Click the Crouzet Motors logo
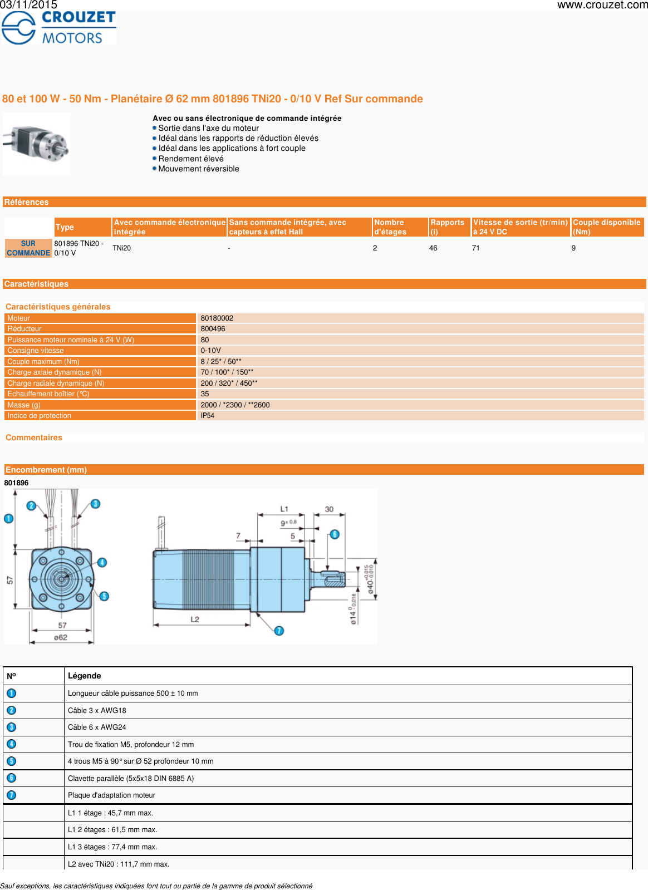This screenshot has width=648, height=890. (x=58, y=27)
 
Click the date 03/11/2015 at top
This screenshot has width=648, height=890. (x=28, y=5)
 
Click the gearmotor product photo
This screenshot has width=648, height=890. (x=37, y=144)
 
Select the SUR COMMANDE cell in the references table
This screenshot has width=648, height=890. (x=28, y=248)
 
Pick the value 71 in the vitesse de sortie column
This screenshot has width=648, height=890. (x=476, y=248)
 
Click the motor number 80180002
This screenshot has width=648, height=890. (x=217, y=318)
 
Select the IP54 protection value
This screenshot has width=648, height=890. (x=208, y=416)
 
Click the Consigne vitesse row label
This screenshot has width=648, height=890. (x=36, y=351)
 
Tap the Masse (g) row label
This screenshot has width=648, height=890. (x=24, y=405)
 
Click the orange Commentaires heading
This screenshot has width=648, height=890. (x=34, y=438)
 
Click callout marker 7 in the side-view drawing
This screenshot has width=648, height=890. (x=279, y=631)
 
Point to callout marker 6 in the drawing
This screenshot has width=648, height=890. (x=335, y=534)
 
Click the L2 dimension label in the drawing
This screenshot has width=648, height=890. (x=195, y=619)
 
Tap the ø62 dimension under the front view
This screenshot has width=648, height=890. (x=61, y=637)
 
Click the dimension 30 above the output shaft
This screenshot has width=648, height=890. (x=329, y=509)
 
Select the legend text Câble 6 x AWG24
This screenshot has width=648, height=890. (x=97, y=727)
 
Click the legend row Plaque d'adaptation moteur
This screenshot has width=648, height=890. (x=111, y=795)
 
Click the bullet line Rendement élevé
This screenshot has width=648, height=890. (x=191, y=159)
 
